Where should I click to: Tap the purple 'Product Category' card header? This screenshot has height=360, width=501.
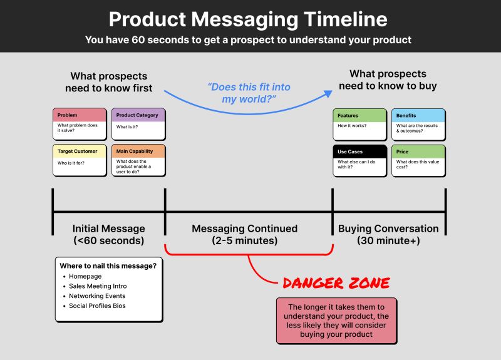(138, 115)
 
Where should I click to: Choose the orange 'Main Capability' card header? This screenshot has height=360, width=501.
(138, 152)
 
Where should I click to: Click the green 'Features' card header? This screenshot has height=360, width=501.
(359, 116)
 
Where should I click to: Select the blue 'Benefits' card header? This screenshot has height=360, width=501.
(418, 116)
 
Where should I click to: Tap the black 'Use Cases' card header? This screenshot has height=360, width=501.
(359, 152)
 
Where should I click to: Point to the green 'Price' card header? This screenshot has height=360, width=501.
(418, 152)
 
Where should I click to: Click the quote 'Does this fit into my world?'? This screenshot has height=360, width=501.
(249, 93)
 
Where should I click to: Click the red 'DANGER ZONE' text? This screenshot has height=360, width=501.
(336, 283)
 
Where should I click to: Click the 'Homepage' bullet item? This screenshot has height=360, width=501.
(85, 276)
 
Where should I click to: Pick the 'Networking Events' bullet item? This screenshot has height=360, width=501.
(97, 296)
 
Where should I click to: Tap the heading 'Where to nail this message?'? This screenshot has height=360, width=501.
(108, 265)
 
